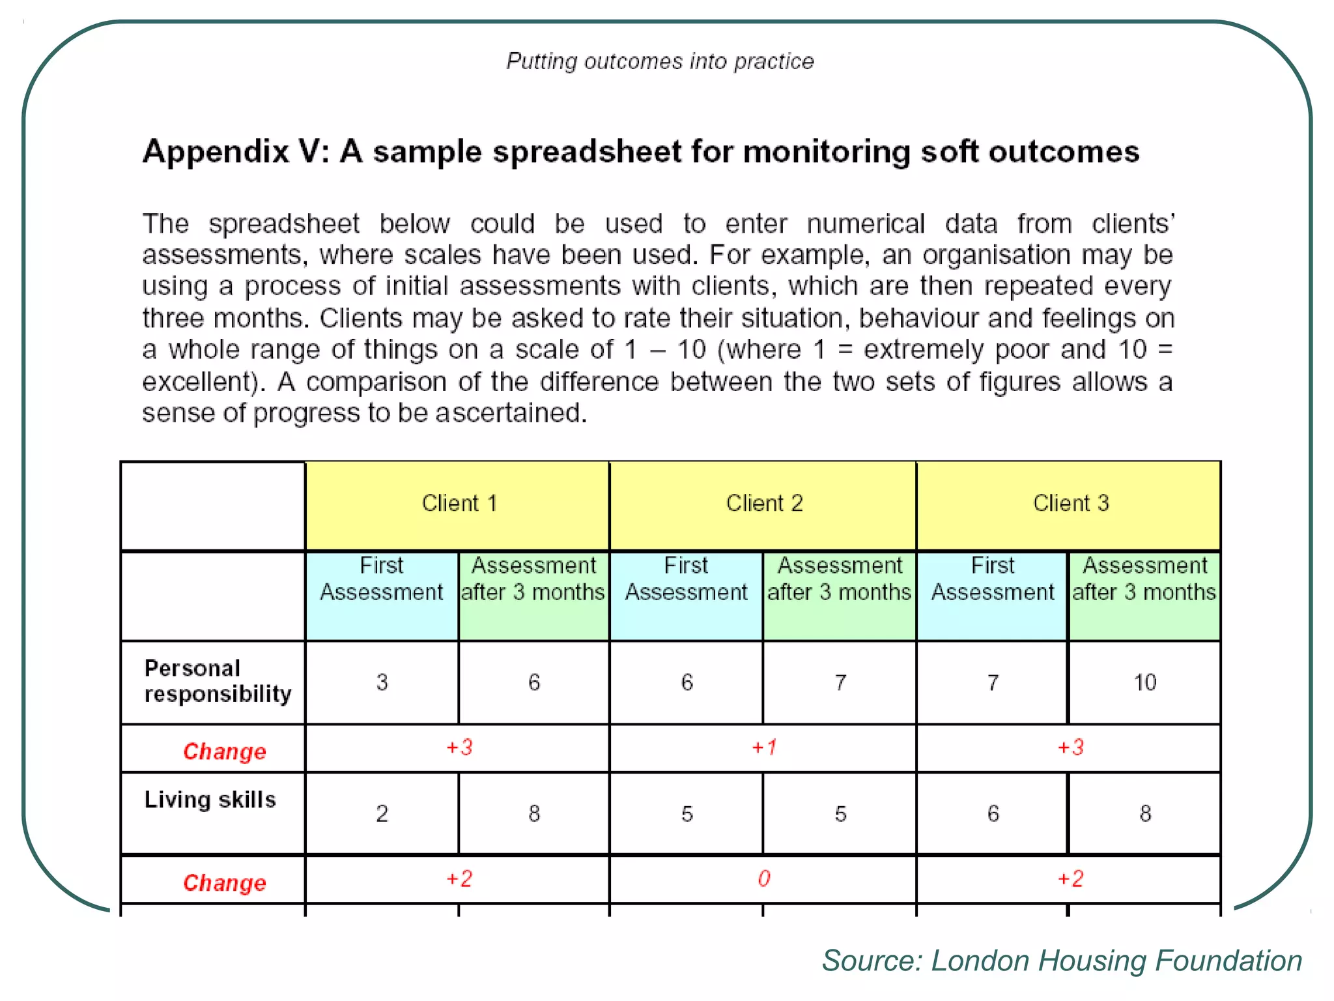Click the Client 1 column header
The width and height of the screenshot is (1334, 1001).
click(459, 503)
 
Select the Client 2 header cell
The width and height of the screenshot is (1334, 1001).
click(764, 503)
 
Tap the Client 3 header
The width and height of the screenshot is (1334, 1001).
click(1070, 503)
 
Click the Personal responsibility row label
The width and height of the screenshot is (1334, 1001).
click(218, 681)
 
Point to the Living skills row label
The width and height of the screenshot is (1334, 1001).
click(210, 800)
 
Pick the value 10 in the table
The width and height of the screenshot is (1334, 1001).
click(1144, 682)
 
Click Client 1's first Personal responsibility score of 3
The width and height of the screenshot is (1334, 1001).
click(382, 682)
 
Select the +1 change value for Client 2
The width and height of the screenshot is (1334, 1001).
click(764, 747)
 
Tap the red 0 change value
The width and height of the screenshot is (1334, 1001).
click(764, 878)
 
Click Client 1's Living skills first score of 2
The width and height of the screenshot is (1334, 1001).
click(382, 814)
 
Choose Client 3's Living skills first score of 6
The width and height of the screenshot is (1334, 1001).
click(993, 813)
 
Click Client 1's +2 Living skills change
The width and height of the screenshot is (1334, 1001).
click(459, 878)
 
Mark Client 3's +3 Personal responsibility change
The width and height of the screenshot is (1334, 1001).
click(1070, 747)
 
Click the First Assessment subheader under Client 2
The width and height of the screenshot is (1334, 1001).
click(686, 579)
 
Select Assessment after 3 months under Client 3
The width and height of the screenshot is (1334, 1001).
click(1144, 579)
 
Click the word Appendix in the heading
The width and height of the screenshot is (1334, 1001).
click(216, 152)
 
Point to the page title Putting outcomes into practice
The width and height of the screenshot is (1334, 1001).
click(660, 61)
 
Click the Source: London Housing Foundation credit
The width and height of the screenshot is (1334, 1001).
click(1062, 961)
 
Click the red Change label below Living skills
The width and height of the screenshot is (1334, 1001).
click(224, 882)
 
